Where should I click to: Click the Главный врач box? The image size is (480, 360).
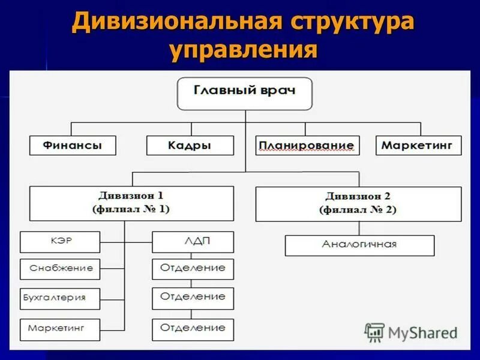tap(245, 93)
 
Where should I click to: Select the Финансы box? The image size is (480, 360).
tap(72, 145)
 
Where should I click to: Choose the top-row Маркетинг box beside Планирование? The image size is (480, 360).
tap(419, 145)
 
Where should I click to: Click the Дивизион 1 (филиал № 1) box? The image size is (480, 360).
tap(131, 203)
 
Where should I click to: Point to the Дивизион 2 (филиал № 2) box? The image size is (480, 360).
tap(358, 203)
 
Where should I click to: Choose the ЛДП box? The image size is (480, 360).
tap(193, 242)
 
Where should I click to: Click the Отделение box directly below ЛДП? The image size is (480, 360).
tap(193, 269)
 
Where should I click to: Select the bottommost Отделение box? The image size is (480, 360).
tap(193, 329)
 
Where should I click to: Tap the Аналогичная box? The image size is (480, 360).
tap(359, 245)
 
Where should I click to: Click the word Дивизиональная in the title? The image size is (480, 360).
tap(175, 23)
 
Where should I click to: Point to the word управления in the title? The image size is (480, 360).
tap(242, 51)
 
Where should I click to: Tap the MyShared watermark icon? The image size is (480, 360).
tap(374, 332)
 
